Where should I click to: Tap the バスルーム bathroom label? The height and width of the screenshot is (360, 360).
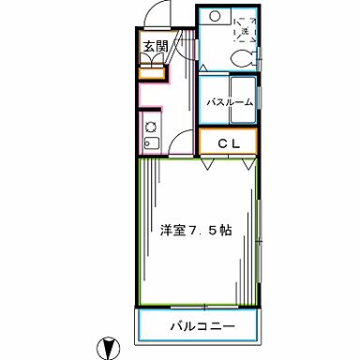230,101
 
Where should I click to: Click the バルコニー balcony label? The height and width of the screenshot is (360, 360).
202,326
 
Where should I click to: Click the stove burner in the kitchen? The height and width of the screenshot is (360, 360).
150,126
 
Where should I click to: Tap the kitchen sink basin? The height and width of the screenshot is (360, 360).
150,145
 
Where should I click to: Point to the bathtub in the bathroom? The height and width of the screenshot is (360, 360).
230,101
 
